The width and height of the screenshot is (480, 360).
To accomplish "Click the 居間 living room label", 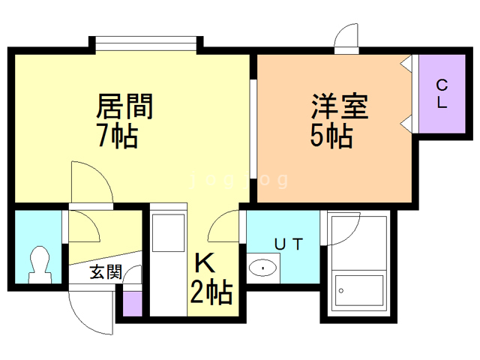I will [124, 107].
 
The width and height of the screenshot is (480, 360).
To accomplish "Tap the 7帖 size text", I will [117, 136].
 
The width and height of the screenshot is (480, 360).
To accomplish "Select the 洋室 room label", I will [340, 106].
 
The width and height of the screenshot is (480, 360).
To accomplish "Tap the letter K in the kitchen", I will [204, 263].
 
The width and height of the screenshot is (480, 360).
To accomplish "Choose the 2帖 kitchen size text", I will [211, 290].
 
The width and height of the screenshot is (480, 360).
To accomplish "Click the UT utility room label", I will [289, 243].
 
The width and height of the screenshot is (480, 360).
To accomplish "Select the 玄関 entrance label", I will [105, 272].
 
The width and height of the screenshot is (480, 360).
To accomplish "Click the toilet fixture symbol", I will [37, 263].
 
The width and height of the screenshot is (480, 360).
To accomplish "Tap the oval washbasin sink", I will [262, 267].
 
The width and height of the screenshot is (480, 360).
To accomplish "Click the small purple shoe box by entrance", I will [132, 301].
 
